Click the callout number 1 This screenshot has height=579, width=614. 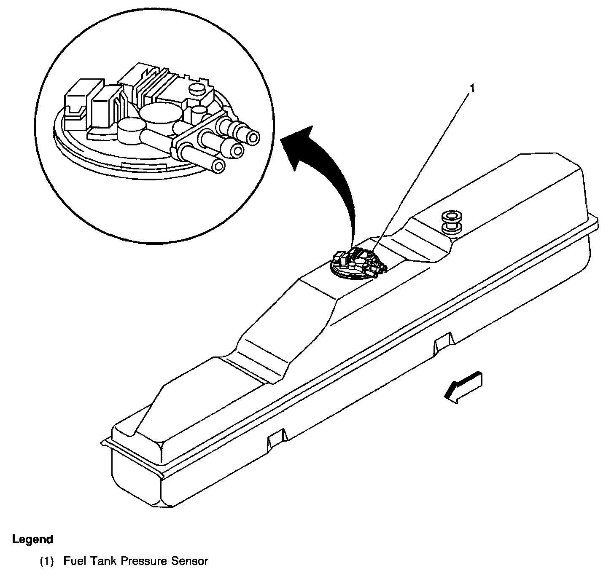point(472,89)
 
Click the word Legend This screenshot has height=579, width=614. point(33,539)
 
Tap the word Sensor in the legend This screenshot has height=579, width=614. point(190,561)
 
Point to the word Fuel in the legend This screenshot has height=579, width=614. point(72,561)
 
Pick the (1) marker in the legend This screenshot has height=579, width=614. point(47,561)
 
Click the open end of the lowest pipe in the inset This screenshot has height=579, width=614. point(218,167)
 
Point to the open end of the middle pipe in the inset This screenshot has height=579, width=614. point(238,151)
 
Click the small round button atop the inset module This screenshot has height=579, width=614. point(197,89)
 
